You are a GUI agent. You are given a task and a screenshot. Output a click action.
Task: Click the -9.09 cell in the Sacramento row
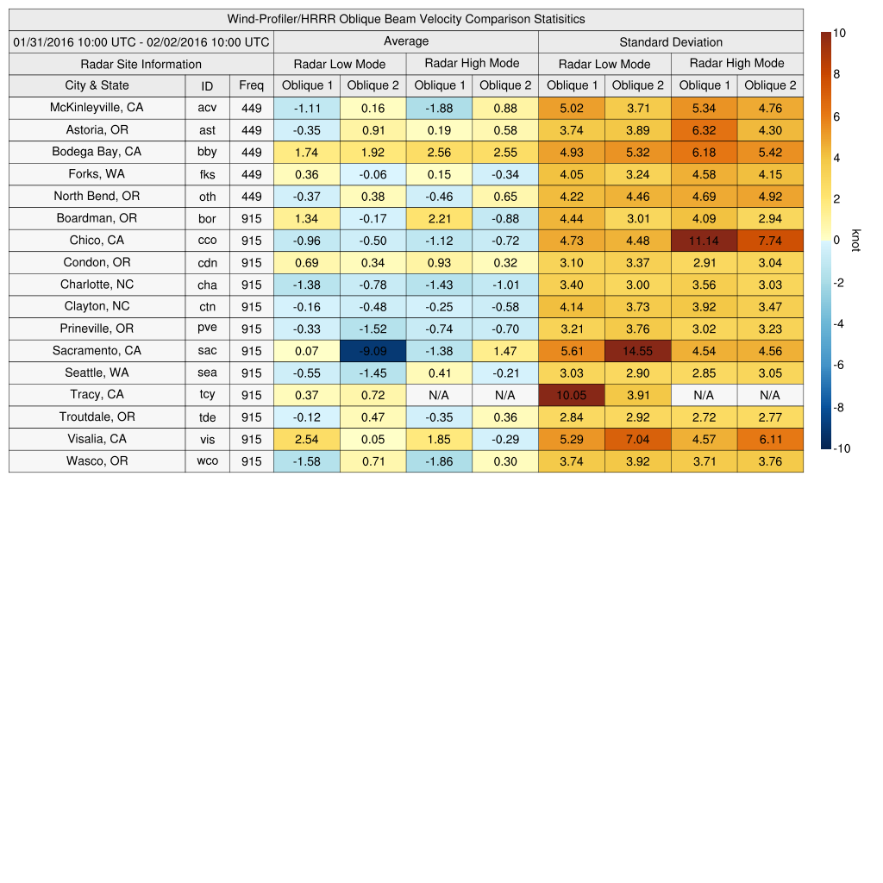(373, 351)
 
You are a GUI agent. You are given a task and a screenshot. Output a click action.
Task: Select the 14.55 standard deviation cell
(638, 351)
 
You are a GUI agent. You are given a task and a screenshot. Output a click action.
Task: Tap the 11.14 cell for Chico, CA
(704, 241)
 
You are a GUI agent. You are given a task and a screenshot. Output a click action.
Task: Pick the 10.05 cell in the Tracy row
(571, 395)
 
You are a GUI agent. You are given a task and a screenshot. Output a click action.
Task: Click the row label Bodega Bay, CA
(97, 152)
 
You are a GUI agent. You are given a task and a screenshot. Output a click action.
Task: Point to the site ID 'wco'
(207, 461)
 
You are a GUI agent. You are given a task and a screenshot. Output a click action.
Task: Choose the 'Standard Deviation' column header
(671, 42)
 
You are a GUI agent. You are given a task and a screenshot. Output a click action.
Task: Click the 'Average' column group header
(405, 41)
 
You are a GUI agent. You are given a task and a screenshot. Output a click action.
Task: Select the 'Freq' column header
(251, 85)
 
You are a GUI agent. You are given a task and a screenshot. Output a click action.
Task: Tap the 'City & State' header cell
(97, 85)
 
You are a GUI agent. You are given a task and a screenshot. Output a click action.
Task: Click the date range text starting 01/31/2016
(141, 41)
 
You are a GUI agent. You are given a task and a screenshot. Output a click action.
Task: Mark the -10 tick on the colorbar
(842, 448)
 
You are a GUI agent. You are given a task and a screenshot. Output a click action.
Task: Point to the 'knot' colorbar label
(856, 241)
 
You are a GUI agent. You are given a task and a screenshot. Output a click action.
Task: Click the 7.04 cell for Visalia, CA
(638, 439)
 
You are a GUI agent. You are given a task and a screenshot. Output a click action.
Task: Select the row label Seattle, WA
(97, 373)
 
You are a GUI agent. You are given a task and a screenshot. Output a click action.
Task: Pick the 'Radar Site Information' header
(141, 64)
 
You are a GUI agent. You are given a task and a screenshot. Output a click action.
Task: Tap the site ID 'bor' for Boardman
(207, 219)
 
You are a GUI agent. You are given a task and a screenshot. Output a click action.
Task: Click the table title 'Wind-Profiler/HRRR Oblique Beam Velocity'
(405, 19)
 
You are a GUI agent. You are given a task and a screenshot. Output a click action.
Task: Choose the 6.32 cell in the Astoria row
(704, 130)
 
